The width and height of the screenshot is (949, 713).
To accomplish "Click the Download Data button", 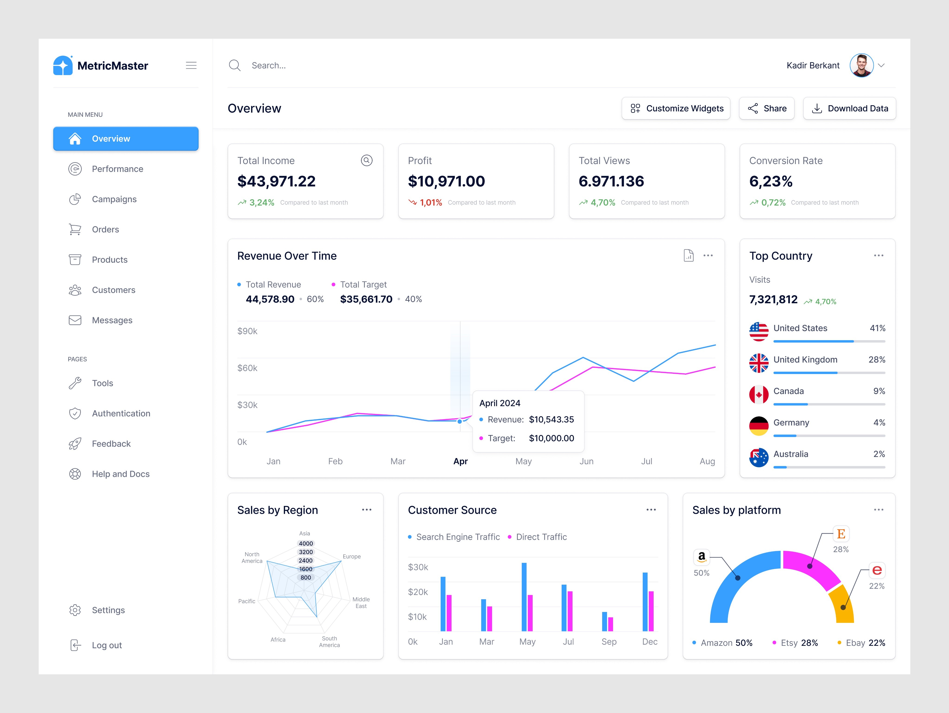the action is point(849,108).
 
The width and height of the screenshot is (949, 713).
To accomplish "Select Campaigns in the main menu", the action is point(114,199).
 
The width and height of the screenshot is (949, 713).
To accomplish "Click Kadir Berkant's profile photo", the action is point(861,65).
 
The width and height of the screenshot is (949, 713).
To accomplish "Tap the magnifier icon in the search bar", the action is point(235,65).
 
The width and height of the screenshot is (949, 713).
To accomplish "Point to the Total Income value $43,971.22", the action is point(276,181).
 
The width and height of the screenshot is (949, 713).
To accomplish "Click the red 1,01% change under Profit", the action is point(431,203).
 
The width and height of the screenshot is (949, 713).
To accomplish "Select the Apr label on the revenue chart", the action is point(460,461).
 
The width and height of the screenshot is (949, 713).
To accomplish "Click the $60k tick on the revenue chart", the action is point(247,368).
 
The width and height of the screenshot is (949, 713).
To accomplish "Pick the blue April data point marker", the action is point(459,421).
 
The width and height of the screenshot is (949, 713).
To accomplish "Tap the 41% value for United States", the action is point(877,328).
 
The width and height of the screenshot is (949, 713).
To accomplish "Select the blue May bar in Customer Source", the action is point(524,597).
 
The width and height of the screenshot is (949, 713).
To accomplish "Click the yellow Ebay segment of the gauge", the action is point(842,605).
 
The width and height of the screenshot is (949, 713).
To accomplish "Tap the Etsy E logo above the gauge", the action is point(841,534).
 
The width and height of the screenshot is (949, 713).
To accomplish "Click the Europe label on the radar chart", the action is point(352,556).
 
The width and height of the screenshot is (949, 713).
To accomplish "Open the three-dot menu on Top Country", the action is point(879,256).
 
